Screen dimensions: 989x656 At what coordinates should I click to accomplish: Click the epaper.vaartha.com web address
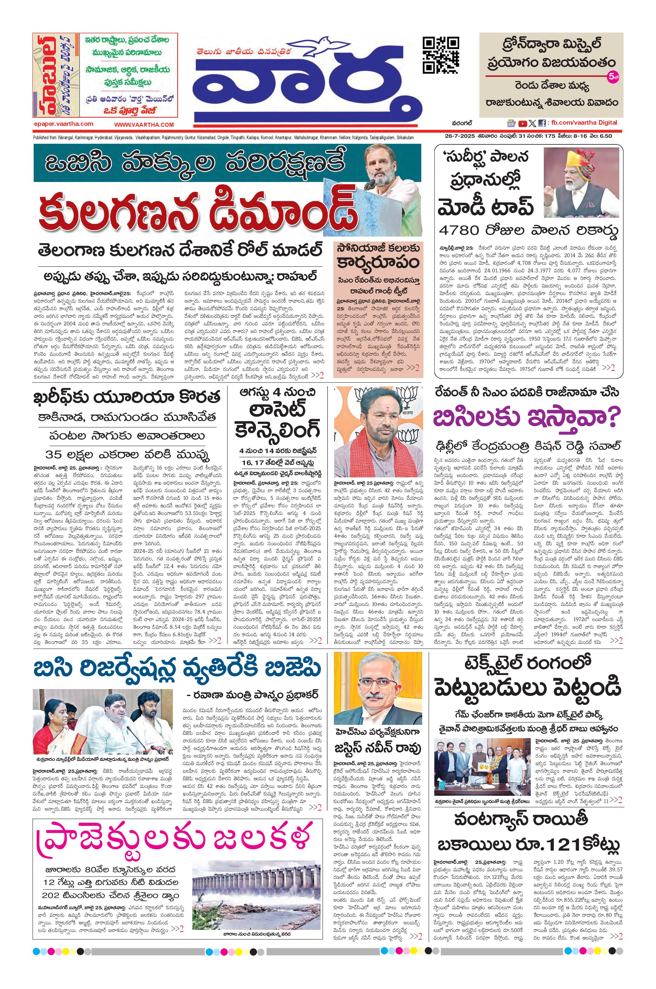click(64, 124)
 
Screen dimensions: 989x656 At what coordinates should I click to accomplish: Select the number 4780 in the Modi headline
click(459, 230)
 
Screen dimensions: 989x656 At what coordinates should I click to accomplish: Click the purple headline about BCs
click(526, 417)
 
